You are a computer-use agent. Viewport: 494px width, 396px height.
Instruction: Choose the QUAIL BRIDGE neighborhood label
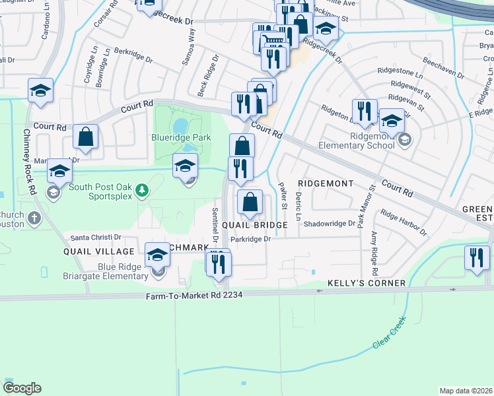[254, 225]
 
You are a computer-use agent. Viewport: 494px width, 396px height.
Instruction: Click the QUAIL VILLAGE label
[90, 251]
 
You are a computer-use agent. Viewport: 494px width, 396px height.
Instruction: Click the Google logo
[22, 388]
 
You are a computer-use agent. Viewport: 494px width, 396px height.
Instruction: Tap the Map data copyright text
[466, 391]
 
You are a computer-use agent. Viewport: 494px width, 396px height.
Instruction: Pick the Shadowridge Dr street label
[330, 223]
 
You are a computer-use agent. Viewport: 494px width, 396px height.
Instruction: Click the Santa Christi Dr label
[96, 237]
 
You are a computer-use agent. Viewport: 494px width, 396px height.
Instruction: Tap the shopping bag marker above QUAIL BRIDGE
[250, 203]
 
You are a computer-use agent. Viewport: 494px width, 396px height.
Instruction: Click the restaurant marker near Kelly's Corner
[476, 258]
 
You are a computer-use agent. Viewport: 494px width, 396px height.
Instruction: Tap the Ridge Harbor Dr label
[404, 223]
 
